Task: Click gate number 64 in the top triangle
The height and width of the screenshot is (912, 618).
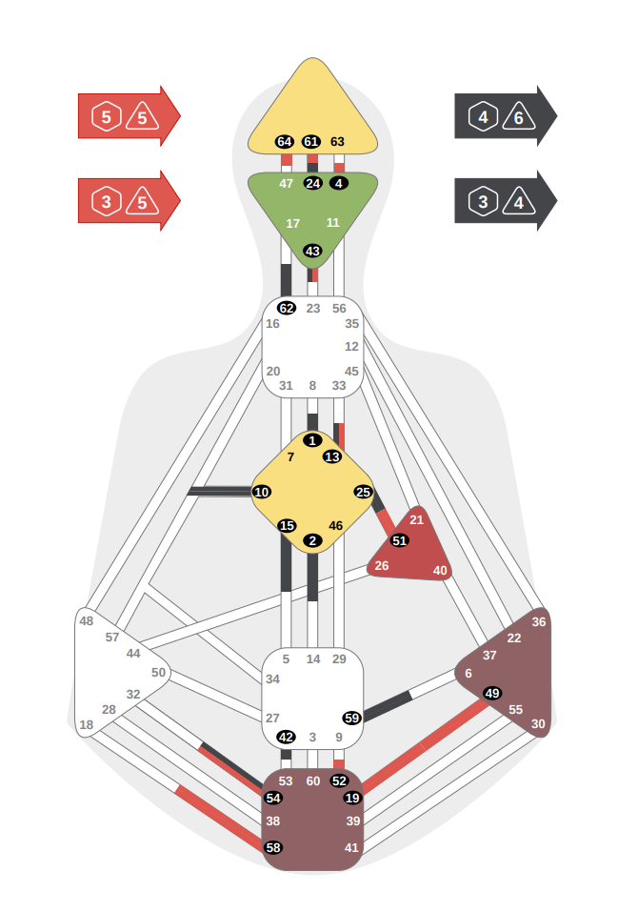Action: tap(284, 142)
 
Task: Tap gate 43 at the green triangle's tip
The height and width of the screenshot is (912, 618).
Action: tap(312, 251)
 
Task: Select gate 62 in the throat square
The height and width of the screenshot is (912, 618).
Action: tap(286, 308)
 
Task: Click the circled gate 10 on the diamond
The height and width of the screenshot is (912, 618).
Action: tap(262, 492)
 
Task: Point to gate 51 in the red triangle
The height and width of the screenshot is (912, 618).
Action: tap(400, 540)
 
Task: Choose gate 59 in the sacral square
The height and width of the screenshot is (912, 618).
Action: tap(351, 718)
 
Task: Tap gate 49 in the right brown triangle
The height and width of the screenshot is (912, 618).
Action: tap(491, 693)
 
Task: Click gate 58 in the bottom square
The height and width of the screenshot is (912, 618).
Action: tap(273, 847)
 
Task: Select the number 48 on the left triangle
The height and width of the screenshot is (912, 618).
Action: tap(87, 621)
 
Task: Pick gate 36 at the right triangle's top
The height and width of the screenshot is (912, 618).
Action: tap(539, 622)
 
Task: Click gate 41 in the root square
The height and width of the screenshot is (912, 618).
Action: tap(352, 847)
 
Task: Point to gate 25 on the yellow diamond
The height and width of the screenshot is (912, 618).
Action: tap(363, 492)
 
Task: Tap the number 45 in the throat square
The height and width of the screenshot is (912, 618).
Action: tap(352, 371)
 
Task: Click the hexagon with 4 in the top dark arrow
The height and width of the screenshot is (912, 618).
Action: tap(484, 117)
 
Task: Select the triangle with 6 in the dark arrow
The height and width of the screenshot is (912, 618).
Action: tap(518, 117)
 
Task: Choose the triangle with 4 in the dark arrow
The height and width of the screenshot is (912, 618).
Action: tap(518, 202)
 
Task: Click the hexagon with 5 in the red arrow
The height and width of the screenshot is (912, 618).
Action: tap(106, 117)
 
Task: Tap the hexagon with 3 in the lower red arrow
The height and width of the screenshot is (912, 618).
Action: tap(106, 202)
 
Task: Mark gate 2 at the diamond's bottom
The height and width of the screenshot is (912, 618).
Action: tap(312, 540)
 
